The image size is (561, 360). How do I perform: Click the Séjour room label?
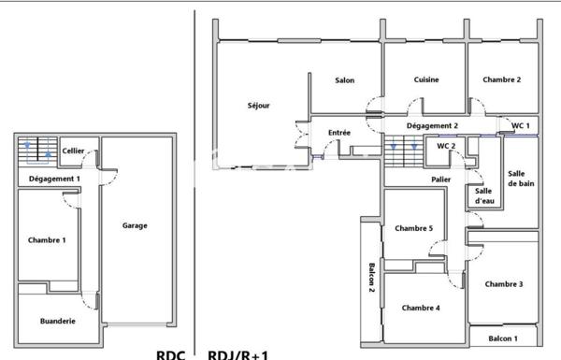click(x=259, y=106)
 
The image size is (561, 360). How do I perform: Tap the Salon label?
click(x=344, y=80)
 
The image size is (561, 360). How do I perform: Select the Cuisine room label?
click(x=426, y=80)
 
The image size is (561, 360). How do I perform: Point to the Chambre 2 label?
click(x=502, y=80)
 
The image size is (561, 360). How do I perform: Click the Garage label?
click(x=135, y=225)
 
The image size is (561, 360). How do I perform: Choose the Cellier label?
click(x=74, y=151)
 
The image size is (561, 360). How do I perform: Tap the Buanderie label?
click(x=58, y=321)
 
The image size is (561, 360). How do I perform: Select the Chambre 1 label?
click(x=47, y=240)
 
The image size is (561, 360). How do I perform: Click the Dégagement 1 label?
click(x=54, y=178)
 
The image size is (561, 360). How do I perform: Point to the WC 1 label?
click(x=520, y=125)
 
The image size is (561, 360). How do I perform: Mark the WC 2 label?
click(x=446, y=146)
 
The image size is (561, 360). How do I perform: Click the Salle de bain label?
click(x=521, y=179)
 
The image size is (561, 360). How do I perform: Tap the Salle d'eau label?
click(x=483, y=195)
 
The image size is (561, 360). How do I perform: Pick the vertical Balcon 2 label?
click(x=371, y=278)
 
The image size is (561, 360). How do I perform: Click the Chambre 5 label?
click(x=413, y=228)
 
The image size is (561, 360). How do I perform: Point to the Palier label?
click(x=441, y=179)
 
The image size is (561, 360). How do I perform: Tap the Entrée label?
click(x=339, y=133)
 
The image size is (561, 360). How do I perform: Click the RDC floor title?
click(x=171, y=354)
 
